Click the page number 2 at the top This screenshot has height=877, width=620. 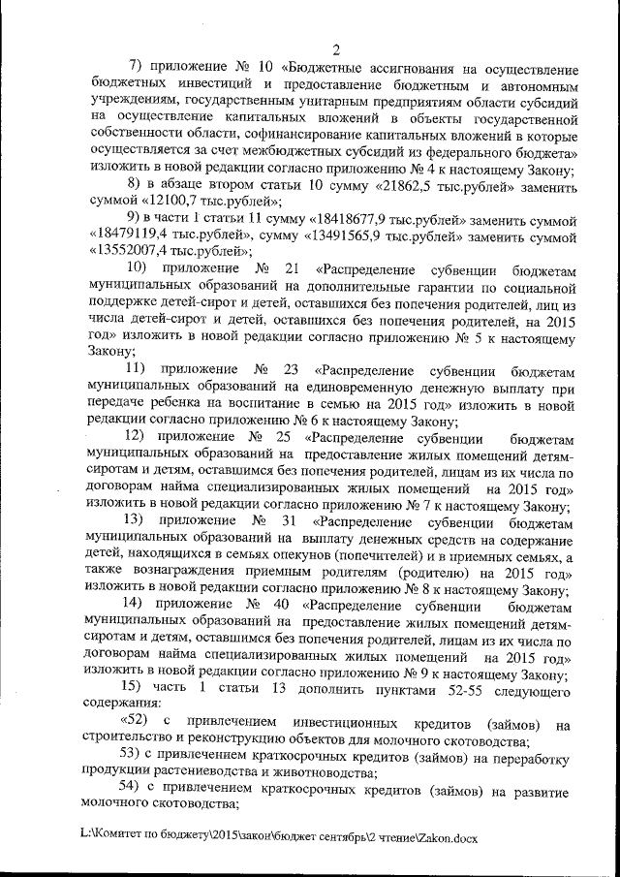click(335, 50)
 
